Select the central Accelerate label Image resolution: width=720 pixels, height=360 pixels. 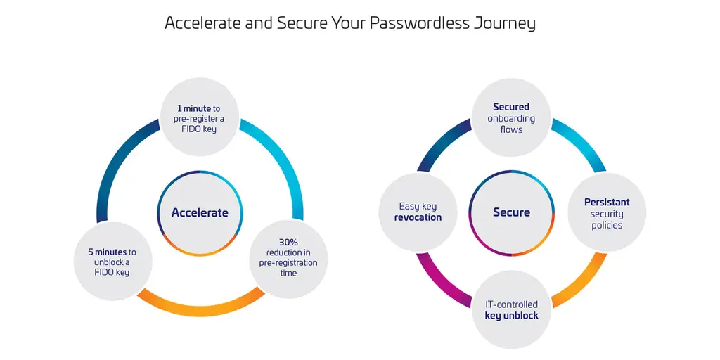click(200, 212)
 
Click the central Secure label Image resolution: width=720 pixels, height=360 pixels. click(512, 212)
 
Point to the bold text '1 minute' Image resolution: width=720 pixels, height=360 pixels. click(194, 109)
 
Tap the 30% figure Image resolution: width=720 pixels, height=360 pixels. click(288, 242)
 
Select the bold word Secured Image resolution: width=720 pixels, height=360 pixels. click(511, 107)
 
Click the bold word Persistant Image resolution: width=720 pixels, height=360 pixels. click(607, 202)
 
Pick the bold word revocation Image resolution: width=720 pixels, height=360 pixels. click(418, 218)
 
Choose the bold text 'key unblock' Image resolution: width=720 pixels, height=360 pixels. click(512, 316)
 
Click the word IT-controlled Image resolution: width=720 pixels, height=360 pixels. click(512, 304)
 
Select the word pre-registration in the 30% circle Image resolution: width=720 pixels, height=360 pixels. click(288, 263)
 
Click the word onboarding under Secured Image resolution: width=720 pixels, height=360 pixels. click(511, 118)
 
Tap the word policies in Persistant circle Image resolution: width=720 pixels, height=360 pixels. click(607, 226)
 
